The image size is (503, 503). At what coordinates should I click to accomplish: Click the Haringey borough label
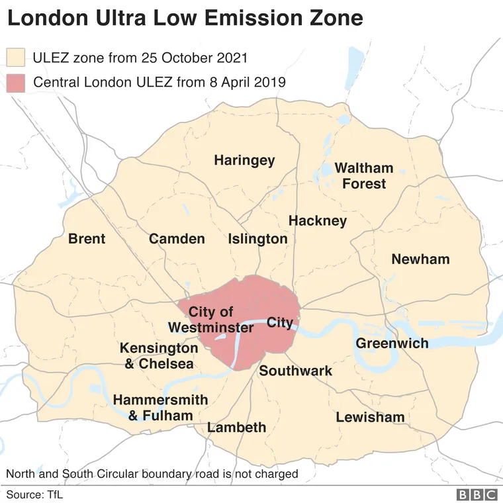coord(244,160)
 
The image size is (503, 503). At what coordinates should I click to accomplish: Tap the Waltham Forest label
coord(363,175)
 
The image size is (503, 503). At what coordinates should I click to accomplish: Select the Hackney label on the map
coord(318,220)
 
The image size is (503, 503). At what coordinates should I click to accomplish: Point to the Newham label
coord(420,259)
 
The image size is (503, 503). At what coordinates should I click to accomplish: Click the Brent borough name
coord(87,238)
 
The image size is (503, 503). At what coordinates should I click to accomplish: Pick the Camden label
coord(177,239)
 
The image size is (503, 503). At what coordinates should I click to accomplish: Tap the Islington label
coord(257,239)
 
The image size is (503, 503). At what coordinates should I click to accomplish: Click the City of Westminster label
coord(210,320)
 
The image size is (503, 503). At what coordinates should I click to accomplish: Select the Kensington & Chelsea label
coord(158,355)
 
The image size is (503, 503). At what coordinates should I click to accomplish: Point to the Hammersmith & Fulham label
coord(160,408)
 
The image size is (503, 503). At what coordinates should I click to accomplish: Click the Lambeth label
coord(236,427)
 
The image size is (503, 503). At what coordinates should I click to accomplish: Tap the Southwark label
coord(295,371)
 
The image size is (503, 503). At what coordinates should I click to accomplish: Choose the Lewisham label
coord(370,417)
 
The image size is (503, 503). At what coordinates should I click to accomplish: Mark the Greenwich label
coord(392,343)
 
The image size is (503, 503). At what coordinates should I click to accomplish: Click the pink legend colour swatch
coord(15,83)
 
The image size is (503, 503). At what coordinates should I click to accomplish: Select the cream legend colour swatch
coord(15,57)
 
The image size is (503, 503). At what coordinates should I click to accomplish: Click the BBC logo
coord(477,494)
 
